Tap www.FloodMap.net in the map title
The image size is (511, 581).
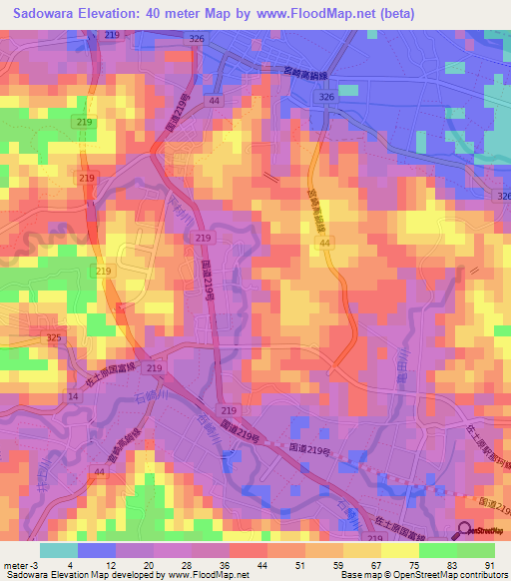(308, 14)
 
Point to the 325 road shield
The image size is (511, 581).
(53, 339)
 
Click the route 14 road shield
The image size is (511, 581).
(73, 396)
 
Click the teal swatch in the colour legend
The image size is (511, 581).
(58, 549)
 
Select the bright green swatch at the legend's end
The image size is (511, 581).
(476, 549)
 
